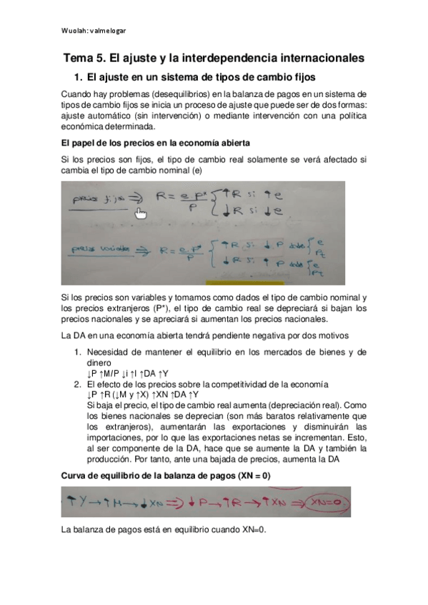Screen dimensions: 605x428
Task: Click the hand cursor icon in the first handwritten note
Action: [x=141, y=213]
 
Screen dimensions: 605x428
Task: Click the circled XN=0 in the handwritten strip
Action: [x=325, y=502]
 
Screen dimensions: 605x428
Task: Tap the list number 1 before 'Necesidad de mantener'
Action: [x=79, y=352]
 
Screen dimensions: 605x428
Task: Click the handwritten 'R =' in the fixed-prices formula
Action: [x=169, y=200]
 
